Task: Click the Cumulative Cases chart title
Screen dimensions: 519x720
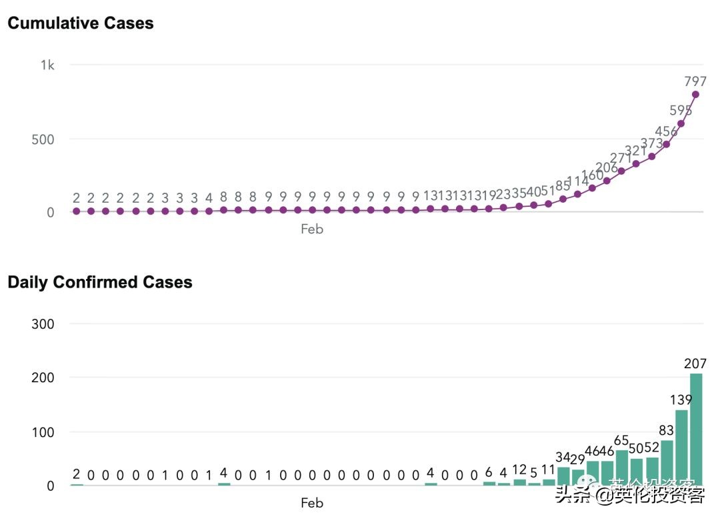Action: (80, 23)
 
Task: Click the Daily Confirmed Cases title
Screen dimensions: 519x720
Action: (100, 282)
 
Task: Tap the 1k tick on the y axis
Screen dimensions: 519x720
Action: (47, 65)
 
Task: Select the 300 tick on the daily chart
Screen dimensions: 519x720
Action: (43, 324)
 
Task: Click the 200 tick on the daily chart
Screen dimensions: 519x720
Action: (43, 378)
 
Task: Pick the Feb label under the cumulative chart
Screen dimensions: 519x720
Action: (311, 229)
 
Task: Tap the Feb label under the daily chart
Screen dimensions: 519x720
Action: (311, 502)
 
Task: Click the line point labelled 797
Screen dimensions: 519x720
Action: (695, 94)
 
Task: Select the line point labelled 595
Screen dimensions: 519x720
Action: (681, 123)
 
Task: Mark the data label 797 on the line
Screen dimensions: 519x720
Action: (695, 81)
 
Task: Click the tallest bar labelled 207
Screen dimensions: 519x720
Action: (696, 430)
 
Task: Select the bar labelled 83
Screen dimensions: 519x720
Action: (667, 463)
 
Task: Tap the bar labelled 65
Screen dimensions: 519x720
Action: (622, 468)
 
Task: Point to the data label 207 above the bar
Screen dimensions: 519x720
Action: (695, 364)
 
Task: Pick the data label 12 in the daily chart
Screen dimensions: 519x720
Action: (519, 469)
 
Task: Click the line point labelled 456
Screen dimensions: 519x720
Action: (666, 144)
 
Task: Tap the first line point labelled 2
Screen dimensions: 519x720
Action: (76, 211)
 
